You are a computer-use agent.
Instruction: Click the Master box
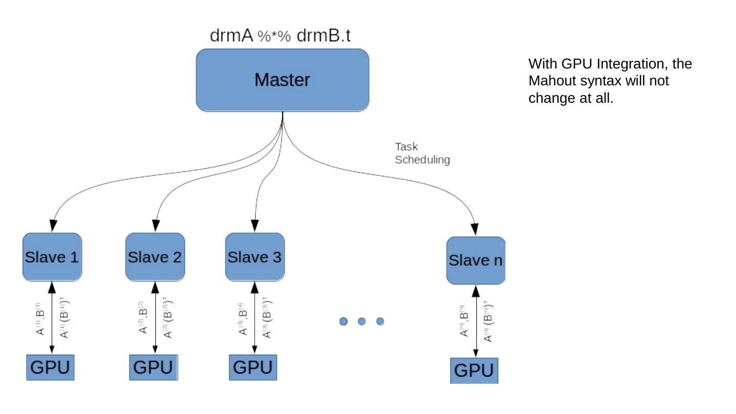282,80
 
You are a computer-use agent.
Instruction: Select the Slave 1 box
52,257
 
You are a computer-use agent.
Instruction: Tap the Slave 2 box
155,257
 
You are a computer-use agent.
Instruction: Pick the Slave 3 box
255,257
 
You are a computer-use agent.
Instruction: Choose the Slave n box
475,261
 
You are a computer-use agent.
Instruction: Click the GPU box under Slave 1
50,367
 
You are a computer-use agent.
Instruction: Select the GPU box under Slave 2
153,367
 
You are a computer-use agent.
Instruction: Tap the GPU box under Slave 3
253,367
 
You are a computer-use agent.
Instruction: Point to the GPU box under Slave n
474,371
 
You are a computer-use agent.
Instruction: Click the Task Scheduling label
422,153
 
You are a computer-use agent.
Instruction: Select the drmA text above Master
232,36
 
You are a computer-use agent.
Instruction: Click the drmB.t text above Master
324,36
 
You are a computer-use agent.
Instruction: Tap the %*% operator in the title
274,37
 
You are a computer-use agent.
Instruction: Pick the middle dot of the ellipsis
362,321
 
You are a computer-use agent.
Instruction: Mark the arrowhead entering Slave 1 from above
52,226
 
